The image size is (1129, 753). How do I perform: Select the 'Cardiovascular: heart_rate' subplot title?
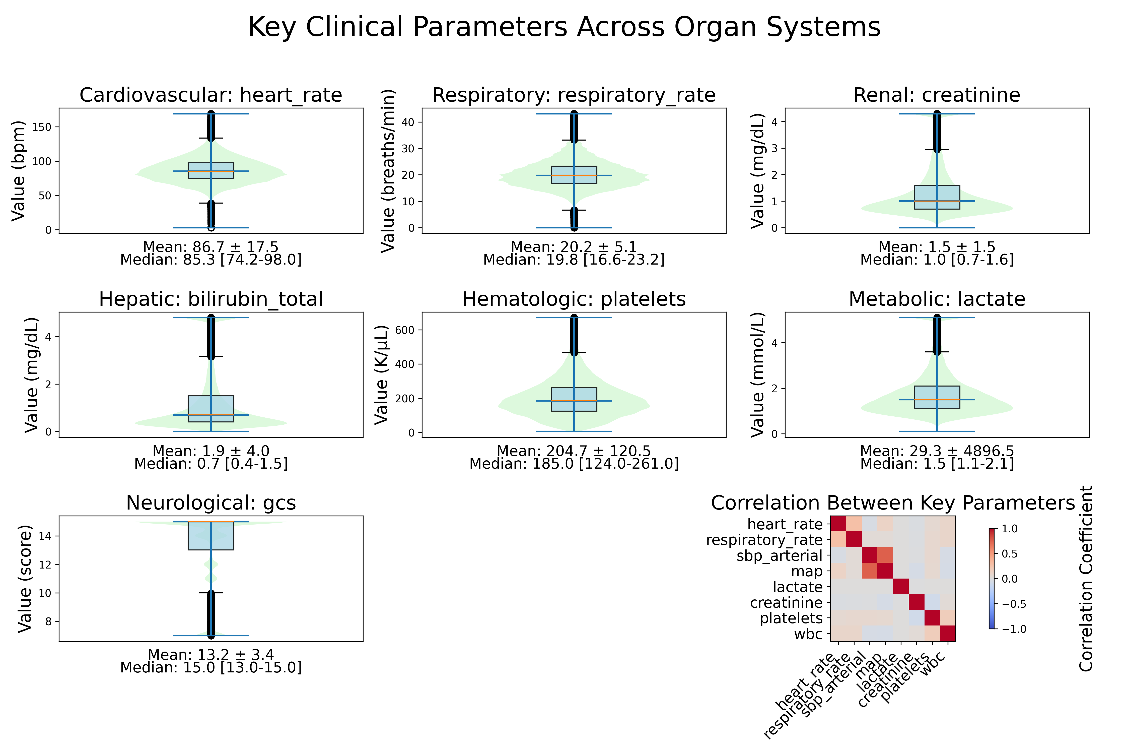[211, 95]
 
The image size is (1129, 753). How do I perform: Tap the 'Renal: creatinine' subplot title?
[937, 95]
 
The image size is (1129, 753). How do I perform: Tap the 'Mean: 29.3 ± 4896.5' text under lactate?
[937, 451]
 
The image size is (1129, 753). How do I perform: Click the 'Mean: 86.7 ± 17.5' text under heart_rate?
[211, 247]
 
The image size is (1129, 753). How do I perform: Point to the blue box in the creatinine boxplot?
[937, 197]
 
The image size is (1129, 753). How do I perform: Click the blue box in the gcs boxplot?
[211, 535]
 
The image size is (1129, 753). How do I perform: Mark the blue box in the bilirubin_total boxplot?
[211, 409]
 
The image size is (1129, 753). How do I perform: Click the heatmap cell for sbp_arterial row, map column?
[885, 556]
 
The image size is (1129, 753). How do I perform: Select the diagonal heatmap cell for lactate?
[900, 587]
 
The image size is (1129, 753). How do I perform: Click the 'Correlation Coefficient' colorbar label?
[1086, 578]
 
